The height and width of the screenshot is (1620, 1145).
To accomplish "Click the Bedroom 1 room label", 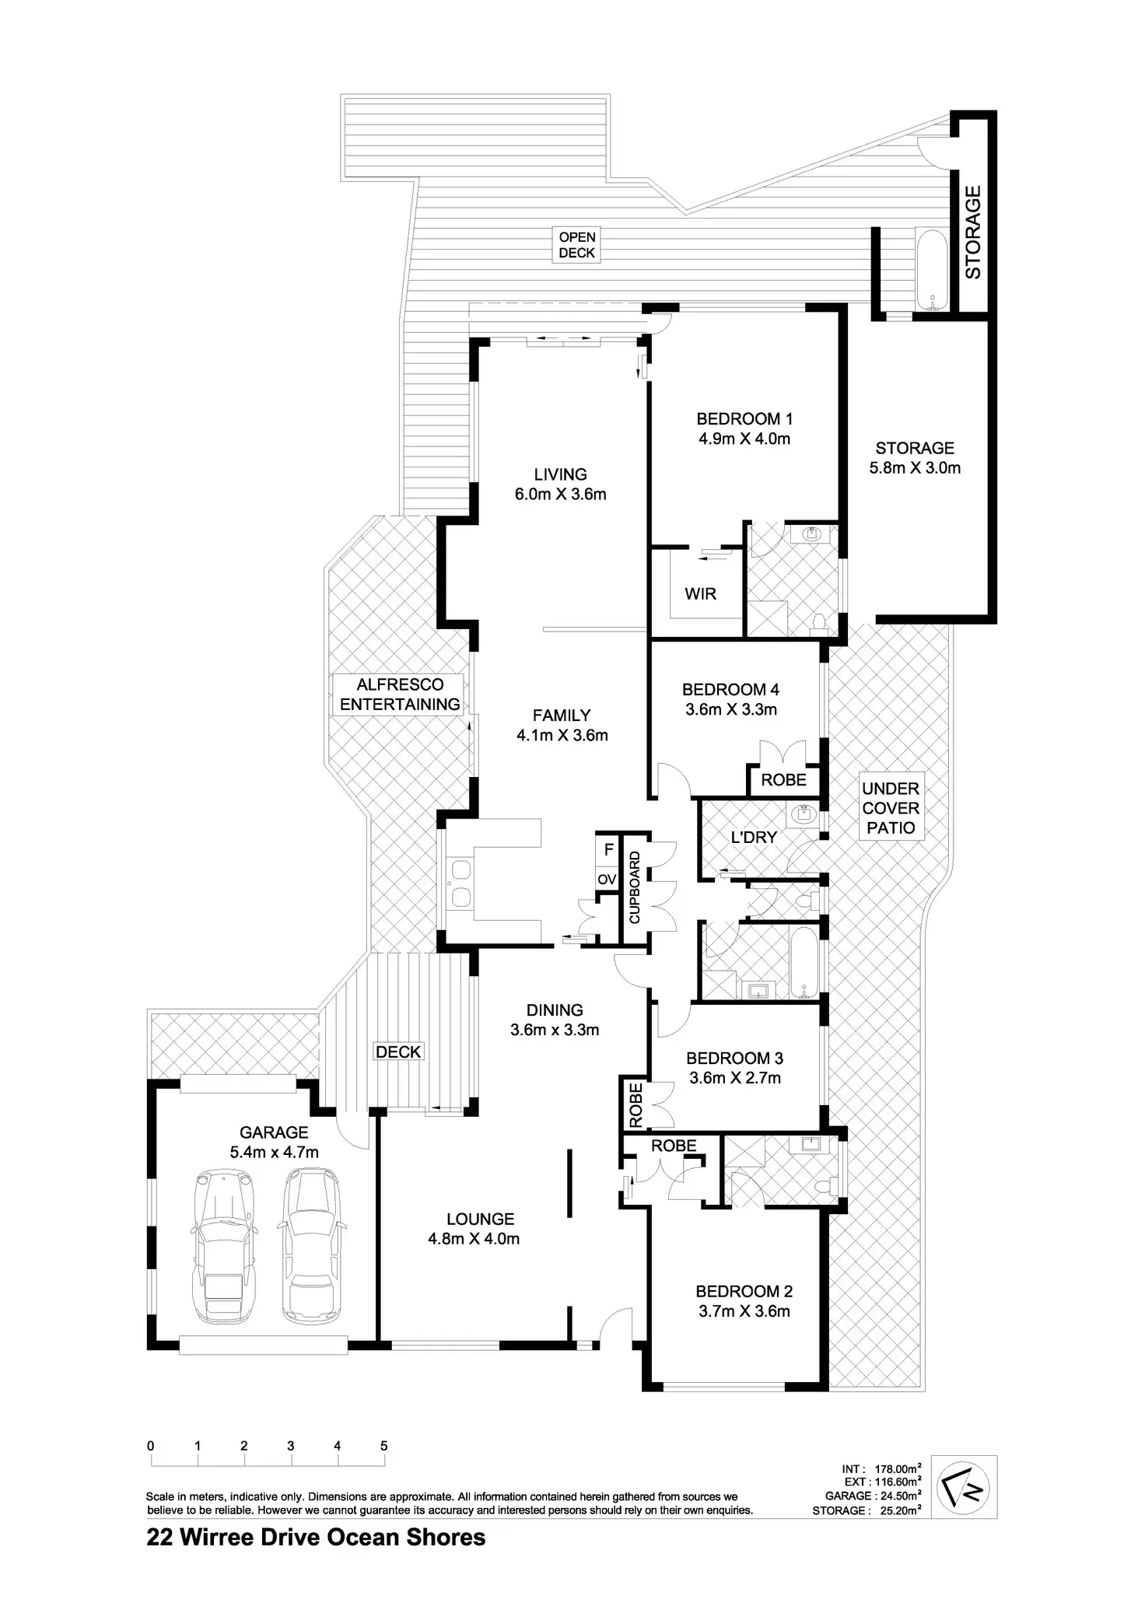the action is [744, 419].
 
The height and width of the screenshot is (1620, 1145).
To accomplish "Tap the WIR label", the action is [700, 594].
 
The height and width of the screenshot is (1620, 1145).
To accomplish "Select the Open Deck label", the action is [577, 245].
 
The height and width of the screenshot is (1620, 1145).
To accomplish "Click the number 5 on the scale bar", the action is [383, 1446].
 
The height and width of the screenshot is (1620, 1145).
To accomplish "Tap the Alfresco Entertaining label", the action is [399, 695].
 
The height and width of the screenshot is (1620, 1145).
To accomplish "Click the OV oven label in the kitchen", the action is [607, 880].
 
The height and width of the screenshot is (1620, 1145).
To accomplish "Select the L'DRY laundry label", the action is [753, 838].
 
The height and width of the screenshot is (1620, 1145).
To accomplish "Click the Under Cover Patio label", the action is [891, 809].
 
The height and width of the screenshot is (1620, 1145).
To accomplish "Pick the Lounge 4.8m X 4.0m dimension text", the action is [474, 1239].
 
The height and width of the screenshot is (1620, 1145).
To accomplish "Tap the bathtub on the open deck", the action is [931, 271].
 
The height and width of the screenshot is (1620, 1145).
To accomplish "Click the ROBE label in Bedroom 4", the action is [783, 780].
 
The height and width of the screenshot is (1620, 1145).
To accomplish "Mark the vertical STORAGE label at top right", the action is [973, 232].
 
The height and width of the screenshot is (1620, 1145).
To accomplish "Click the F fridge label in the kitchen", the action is [608, 850].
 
